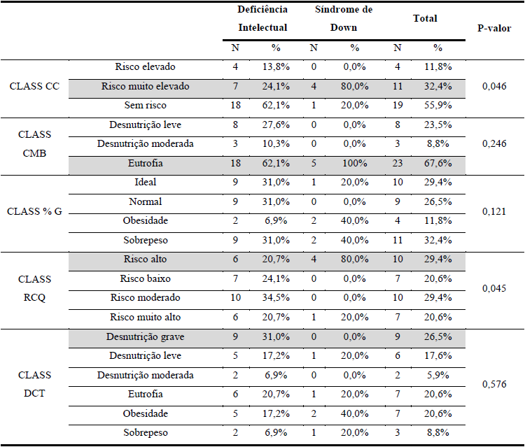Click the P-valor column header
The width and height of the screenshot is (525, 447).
click(x=493, y=29)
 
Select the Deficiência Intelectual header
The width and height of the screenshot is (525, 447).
click(x=262, y=19)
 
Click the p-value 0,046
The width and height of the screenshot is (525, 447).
click(x=494, y=86)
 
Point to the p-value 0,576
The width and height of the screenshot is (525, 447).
click(x=494, y=384)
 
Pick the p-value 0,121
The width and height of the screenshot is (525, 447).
click(x=494, y=210)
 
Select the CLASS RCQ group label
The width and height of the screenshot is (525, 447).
click(x=35, y=288)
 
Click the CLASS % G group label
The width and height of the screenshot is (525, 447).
click(x=35, y=211)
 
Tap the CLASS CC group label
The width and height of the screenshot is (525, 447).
click(x=34, y=86)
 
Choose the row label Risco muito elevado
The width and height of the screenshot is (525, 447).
click(x=145, y=87)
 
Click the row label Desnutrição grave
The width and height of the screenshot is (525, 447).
click(x=145, y=337)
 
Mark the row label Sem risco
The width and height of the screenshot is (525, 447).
click(x=145, y=105)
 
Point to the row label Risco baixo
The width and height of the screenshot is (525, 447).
click(x=145, y=279)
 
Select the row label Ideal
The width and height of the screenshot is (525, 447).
click(x=145, y=182)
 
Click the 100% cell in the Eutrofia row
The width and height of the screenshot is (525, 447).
click(x=354, y=163)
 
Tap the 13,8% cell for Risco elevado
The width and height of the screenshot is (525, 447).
click(x=274, y=67)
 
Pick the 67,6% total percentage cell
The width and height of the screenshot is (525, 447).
click(x=437, y=163)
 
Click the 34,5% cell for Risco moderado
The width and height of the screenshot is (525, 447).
click(x=274, y=298)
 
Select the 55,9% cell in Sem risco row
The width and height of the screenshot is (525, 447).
click(x=437, y=105)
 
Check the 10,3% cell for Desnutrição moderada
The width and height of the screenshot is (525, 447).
click(x=274, y=144)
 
